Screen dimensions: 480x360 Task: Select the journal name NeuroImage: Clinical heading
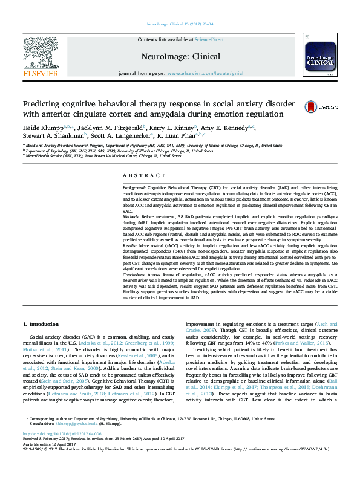[180, 54]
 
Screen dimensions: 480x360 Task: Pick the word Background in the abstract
[134, 189]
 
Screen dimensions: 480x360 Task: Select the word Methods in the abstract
[132, 216]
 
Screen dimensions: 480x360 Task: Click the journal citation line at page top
[180, 24]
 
